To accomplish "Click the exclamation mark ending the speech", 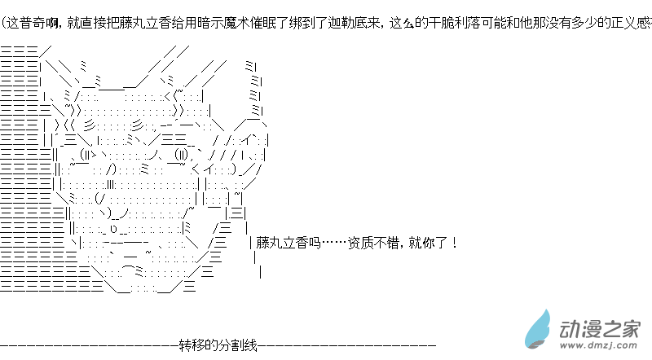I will pyautogui.click(x=453, y=242).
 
